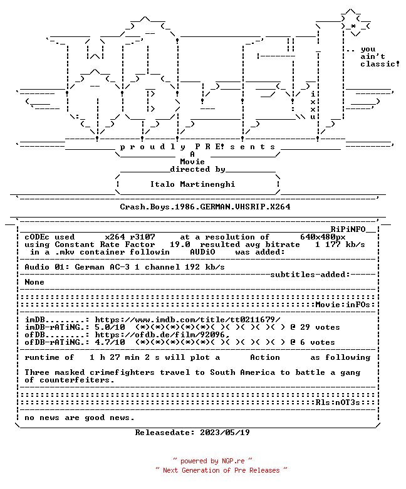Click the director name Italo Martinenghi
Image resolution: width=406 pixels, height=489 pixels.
pyautogui.click(x=192, y=184)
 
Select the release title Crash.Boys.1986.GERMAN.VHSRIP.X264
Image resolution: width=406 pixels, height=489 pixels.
pyautogui.click(x=205, y=207)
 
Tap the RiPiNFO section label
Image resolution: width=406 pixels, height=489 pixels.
pyautogui.click(x=348, y=229)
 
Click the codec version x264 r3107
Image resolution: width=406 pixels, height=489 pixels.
pyautogui.click(x=130, y=237)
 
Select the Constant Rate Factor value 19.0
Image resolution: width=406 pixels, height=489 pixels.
pyautogui.click(x=180, y=244)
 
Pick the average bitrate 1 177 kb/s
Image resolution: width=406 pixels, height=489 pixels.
pyautogui.click(x=340, y=244)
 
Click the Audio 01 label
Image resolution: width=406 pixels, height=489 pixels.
pyautogui.click(x=47, y=267)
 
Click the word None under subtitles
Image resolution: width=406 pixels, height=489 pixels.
pyautogui.click(x=34, y=282)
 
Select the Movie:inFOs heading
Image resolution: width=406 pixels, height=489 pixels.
pyautogui.click(x=343, y=305)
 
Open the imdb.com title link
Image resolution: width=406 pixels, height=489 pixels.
pyautogui.click(x=187, y=320)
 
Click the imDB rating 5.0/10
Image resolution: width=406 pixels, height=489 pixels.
pyautogui.click(x=110, y=327)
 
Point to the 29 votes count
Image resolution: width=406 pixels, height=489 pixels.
pyautogui.click(x=320, y=327)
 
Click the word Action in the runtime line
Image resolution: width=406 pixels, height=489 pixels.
pyautogui.click(x=265, y=357)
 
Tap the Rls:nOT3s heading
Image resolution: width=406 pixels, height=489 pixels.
pyautogui.click(x=338, y=402)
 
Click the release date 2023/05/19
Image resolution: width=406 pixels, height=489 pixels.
pyautogui.click(x=225, y=433)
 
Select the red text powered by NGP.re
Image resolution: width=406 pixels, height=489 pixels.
pyautogui.click(x=212, y=461)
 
